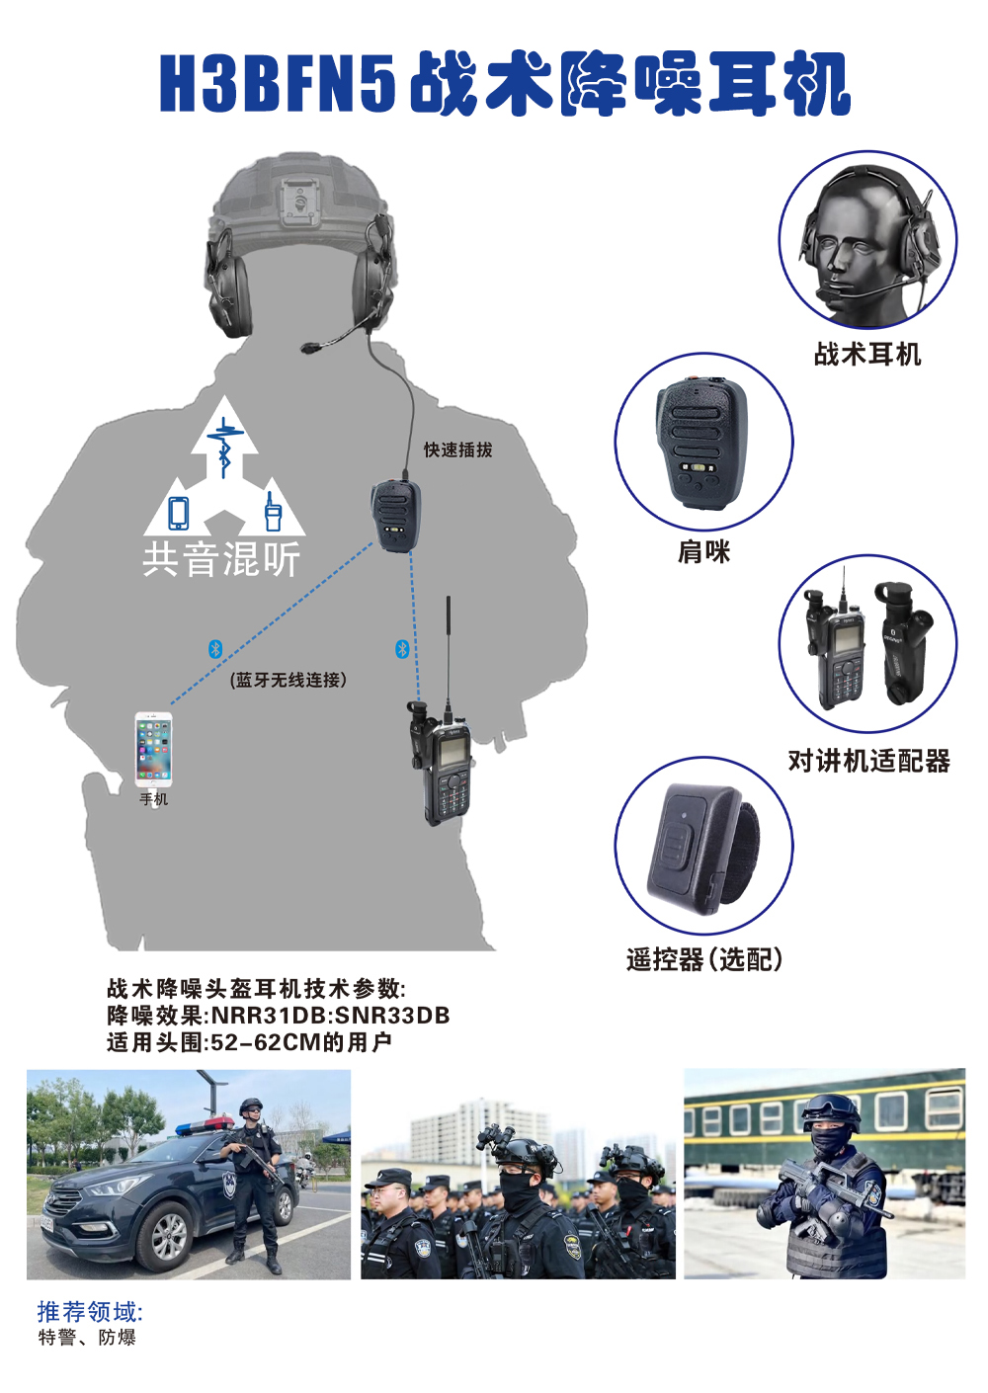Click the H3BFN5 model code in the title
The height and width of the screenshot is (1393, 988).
277,83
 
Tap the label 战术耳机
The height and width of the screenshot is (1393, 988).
866,355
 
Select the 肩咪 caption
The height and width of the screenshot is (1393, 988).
703,551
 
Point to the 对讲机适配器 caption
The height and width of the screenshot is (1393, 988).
868,761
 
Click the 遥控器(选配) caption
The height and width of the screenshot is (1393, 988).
703,959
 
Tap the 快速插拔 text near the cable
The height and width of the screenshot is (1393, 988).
457,450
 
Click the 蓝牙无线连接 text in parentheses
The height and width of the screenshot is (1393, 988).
288,680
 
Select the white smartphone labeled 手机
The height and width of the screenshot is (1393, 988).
153,750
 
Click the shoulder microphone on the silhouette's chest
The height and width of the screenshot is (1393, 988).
395,516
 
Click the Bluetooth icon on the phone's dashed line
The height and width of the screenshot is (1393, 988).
215,649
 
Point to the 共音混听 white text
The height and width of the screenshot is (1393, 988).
221,558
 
